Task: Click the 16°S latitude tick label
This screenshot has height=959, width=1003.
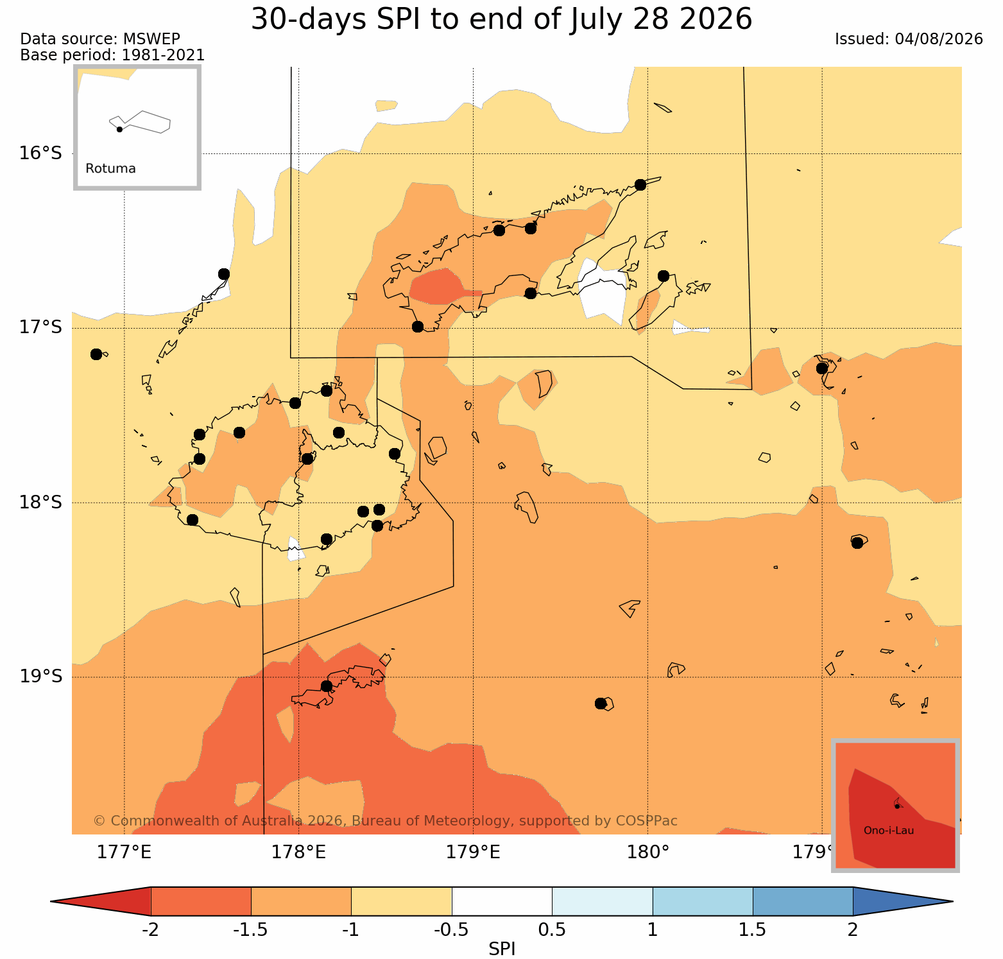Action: click(x=40, y=153)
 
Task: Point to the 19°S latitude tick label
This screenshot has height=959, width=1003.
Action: click(x=40, y=677)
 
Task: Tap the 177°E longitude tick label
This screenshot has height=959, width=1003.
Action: click(x=124, y=852)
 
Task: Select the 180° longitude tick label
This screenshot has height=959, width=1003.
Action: click(x=647, y=852)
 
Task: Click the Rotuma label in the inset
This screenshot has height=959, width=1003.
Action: click(x=110, y=169)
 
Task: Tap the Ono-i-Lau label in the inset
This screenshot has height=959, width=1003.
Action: click(x=889, y=831)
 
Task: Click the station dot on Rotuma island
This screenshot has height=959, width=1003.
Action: click(x=119, y=129)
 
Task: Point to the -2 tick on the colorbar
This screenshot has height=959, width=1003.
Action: click(x=150, y=930)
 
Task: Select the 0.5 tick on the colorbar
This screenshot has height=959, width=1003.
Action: click(x=552, y=930)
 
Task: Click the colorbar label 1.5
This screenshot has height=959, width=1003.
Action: click(x=752, y=930)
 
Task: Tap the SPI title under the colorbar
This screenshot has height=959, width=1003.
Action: click(x=502, y=949)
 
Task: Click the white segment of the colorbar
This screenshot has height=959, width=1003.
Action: click(x=502, y=901)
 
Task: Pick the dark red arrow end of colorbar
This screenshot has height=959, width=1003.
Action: click(x=101, y=901)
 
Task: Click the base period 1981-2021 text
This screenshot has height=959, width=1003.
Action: click(x=163, y=55)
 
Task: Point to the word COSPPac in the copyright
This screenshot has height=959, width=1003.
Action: click(x=647, y=821)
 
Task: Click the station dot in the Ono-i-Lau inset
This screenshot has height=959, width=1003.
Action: click(x=897, y=806)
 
